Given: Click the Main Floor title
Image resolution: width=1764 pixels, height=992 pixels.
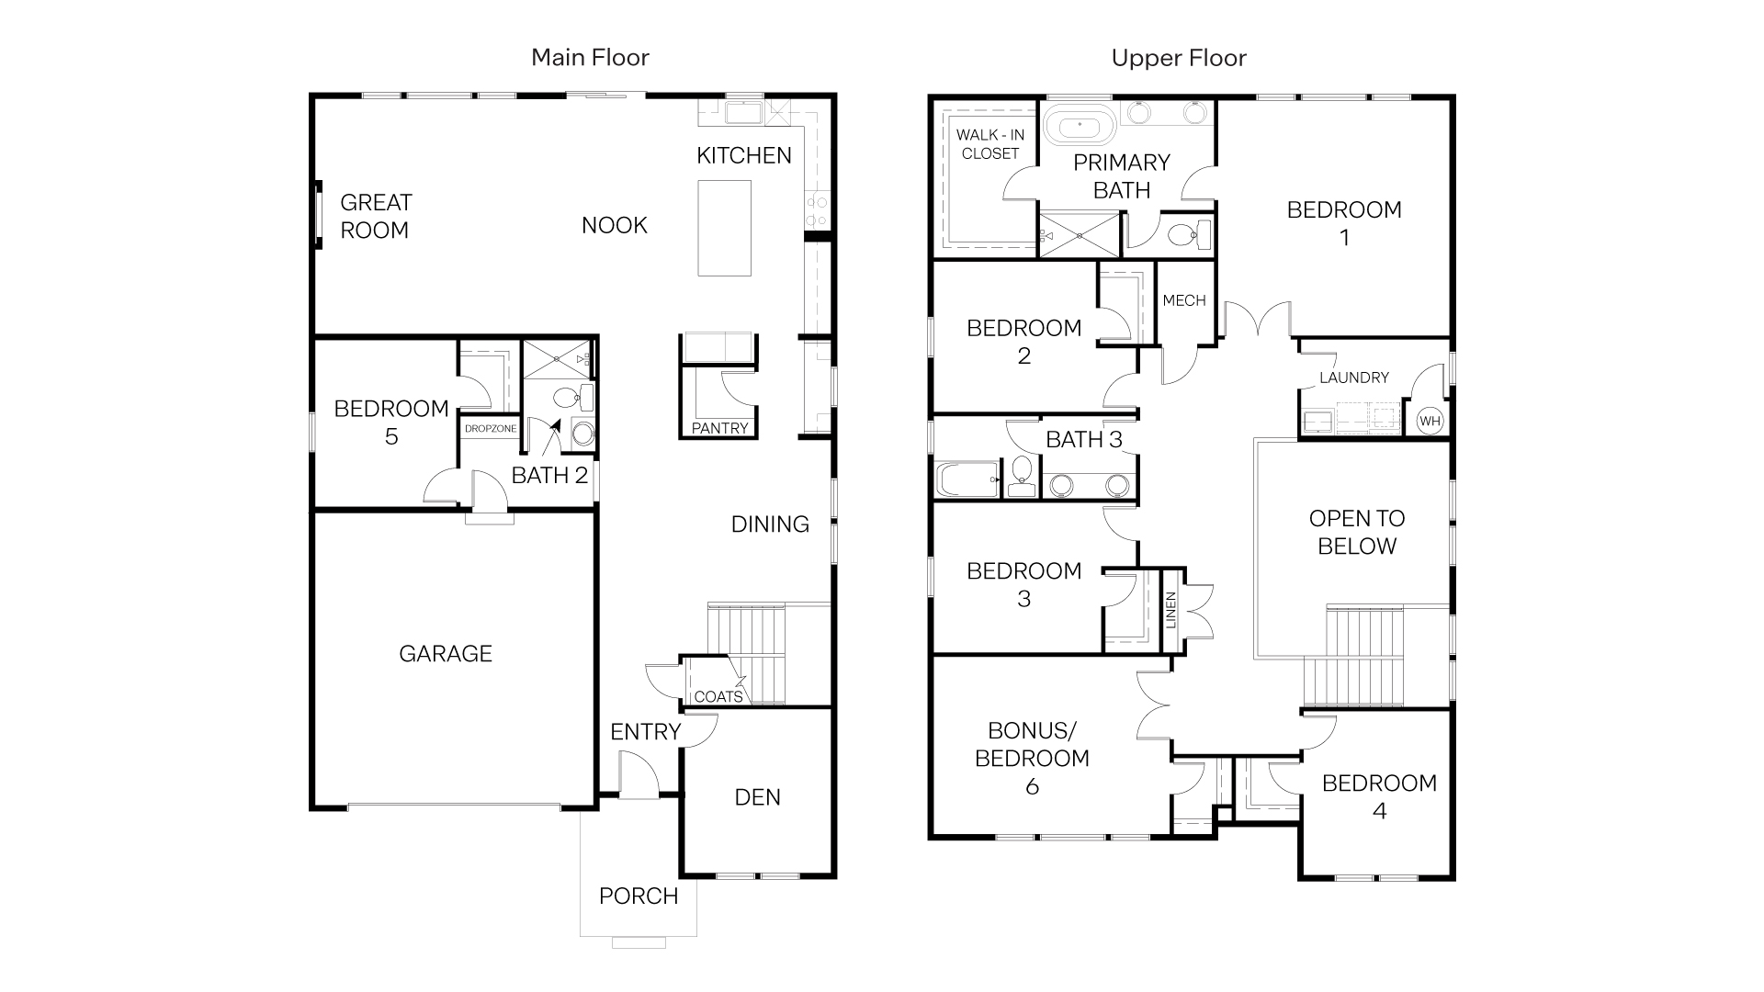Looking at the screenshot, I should click(x=590, y=58).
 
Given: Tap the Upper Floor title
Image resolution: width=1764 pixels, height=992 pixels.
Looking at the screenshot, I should click(x=1179, y=58).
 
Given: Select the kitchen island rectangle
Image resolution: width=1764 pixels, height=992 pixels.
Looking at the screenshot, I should click(x=724, y=228).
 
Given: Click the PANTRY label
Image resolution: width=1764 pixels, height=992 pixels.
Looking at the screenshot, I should click(x=720, y=428).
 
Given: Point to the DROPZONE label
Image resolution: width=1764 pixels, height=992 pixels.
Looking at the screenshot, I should click(x=491, y=429).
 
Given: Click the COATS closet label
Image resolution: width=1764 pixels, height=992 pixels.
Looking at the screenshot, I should click(x=718, y=697).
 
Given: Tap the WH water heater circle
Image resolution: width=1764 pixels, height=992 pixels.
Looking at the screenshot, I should click(x=1430, y=422).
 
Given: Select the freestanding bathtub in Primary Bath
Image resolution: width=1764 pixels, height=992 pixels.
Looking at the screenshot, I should click(x=1079, y=127).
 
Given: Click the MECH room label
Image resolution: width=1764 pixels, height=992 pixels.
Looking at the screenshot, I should click(x=1183, y=300).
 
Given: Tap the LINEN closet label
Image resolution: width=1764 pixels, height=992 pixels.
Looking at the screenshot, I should click(x=1170, y=611).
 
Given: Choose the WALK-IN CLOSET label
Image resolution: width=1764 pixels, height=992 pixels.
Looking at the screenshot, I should click(x=990, y=144).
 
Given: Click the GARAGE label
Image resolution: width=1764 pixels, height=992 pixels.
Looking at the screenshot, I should click(x=446, y=654).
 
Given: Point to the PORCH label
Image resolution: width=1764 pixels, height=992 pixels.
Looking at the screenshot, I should click(x=639, y=896).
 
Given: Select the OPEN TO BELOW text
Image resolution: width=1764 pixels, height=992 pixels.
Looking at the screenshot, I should click(x=1357, y=533).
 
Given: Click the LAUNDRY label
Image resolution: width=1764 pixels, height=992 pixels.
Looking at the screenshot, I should click(x=1353, y=378).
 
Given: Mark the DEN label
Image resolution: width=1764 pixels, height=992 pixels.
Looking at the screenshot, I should click(x=758, y=797).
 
